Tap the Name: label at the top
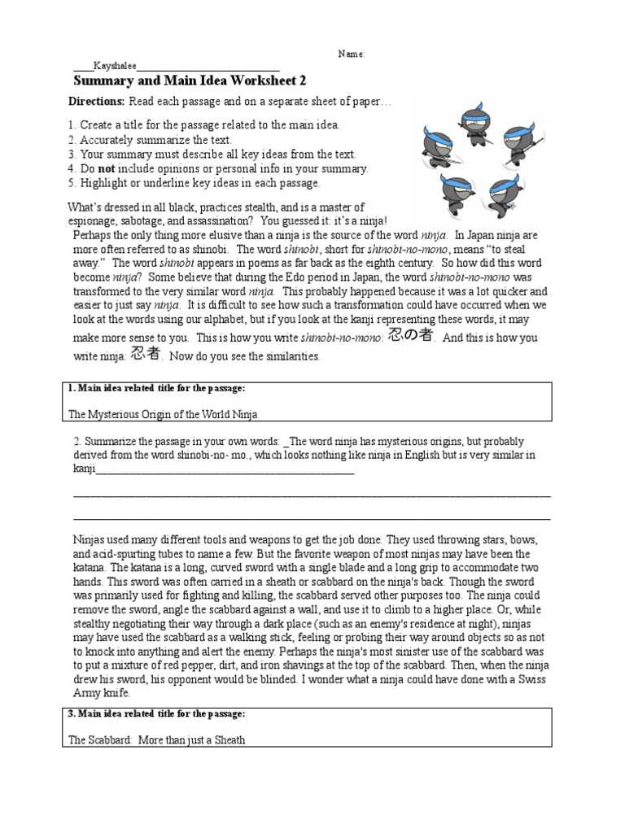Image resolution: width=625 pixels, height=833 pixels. (x=352, y=54)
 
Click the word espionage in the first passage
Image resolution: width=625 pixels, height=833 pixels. (x=97, y=220)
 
